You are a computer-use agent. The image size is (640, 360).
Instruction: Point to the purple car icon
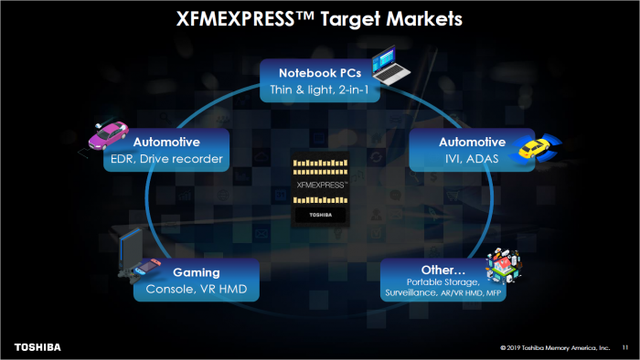(x=108, y=134)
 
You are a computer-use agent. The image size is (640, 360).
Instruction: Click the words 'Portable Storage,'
(x=443, y=284)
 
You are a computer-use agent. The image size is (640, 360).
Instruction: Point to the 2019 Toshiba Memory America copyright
(x=555, y=348)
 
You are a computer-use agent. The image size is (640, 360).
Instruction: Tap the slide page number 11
(x=625, y=348)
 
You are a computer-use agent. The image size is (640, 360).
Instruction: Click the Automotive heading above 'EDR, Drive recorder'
(x=166, y=143)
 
